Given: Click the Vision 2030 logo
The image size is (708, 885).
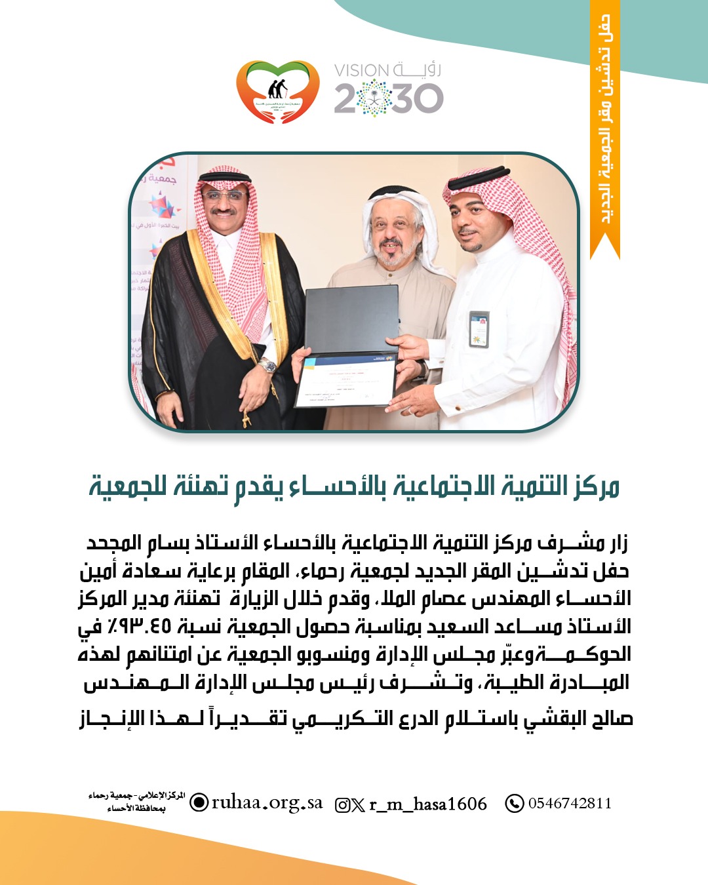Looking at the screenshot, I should pyautogui.click(x=388, y=89).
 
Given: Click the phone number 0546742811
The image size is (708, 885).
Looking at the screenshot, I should pyautogui.click(x=570, y=803).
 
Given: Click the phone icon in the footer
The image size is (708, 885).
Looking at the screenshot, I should pyautogui.click(x=514, y=803).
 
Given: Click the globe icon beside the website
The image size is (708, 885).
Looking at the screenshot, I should pyautogui.click(x=199, y=802).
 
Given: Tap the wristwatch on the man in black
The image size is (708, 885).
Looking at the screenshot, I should pyautogui.click(x=267, y=365).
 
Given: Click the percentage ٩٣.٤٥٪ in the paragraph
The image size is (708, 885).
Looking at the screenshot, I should pyautogui.click(x=142, y=627).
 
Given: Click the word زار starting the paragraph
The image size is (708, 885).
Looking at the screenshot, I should pyautogui.click(x=618, y=543).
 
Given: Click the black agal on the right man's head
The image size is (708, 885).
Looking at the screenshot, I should pyautogui.click(x=479, y=177).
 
